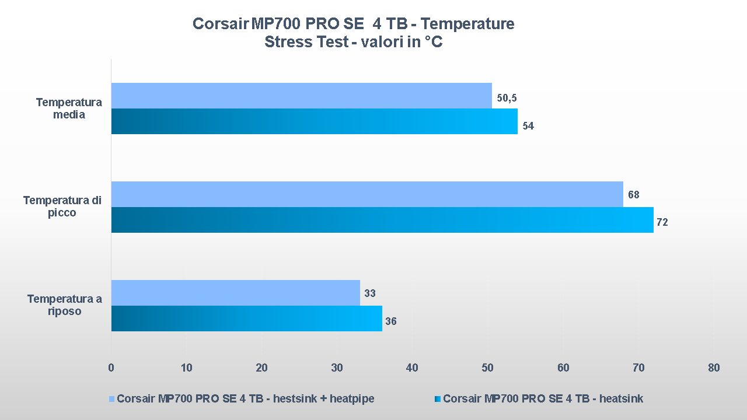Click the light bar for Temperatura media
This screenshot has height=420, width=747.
[301, 96]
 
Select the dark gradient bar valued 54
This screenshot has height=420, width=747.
[314, 121]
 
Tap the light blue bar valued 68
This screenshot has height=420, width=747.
[367, 194]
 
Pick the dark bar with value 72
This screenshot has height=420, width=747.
[382, 220]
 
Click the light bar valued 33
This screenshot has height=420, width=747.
[235, 293]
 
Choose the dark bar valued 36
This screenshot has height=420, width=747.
[246, 318]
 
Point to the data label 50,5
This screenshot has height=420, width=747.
[507, 98]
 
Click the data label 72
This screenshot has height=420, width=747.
[662, 222]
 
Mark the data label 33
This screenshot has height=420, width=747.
[370, 293]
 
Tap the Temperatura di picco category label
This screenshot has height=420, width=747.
[62, 206]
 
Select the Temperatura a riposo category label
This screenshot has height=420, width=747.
[64, 305]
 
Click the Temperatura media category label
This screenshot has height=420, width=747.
[69, 108]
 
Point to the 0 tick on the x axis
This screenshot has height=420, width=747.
[111, 368]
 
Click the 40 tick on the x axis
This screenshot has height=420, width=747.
[412, 368]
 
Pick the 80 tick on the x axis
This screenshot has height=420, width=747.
[713, 368]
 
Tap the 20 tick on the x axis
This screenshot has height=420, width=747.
[261, 368]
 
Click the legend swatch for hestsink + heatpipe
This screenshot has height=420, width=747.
[112, 399]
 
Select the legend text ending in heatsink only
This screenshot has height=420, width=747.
[543, 399]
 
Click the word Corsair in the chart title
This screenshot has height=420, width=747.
[220, 24]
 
